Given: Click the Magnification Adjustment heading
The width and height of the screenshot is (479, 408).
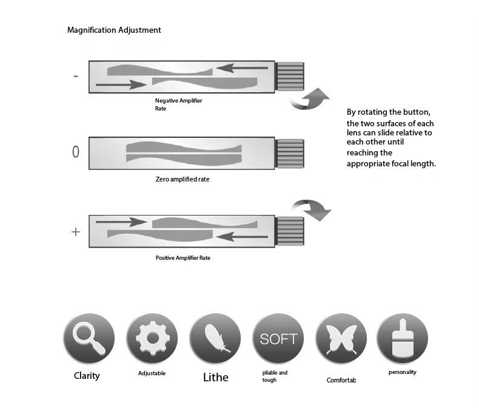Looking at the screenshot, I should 114,30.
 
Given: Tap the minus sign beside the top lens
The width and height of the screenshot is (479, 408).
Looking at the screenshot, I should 75,76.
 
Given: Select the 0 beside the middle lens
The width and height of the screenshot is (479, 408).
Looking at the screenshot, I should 75,152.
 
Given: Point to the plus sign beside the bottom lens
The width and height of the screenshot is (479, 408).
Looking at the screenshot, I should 75,231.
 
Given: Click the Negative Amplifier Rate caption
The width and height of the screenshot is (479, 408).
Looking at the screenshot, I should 178,104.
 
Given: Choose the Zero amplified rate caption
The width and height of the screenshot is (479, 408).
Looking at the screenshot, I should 183,180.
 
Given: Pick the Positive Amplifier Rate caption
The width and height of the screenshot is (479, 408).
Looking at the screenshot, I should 183,258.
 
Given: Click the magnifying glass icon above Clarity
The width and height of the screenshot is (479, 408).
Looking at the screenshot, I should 89,339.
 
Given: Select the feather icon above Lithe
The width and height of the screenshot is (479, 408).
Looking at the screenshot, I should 215,339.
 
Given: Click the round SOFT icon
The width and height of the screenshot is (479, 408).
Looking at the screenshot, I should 278,339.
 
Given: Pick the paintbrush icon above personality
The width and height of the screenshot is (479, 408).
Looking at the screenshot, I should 402,339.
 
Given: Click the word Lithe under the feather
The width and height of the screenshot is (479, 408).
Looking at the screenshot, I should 215,378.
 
